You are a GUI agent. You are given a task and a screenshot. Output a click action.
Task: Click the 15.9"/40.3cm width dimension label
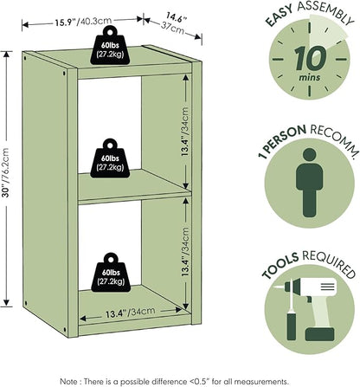coord(83,22)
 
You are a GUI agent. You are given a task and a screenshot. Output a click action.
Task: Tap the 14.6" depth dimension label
coord(177,17)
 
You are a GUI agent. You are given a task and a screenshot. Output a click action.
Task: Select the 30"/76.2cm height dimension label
coord(6,172)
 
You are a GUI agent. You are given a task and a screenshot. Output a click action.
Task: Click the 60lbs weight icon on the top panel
coord(110,45)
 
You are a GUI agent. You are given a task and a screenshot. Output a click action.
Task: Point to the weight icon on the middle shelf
coord(110,158)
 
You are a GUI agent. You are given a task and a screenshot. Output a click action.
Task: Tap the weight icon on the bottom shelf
coord(111,273)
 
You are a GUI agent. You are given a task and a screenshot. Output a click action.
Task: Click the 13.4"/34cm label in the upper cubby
coord(185,132)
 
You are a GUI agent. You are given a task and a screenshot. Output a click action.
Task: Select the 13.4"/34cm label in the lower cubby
coord(185,252)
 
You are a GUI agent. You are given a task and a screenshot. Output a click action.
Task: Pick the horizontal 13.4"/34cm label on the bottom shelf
coord(130,313)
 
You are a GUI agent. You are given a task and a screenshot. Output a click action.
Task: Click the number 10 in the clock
coord(310,60)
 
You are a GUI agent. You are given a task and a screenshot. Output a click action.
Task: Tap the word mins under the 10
coord(310,77)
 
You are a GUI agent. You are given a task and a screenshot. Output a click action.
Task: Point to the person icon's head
coord(310,155)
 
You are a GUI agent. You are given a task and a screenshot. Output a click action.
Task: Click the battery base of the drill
coord(319,334)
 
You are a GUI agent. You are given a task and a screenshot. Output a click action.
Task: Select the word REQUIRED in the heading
coord(329,262)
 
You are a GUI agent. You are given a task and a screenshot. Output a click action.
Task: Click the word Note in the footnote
coord(68,381)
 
